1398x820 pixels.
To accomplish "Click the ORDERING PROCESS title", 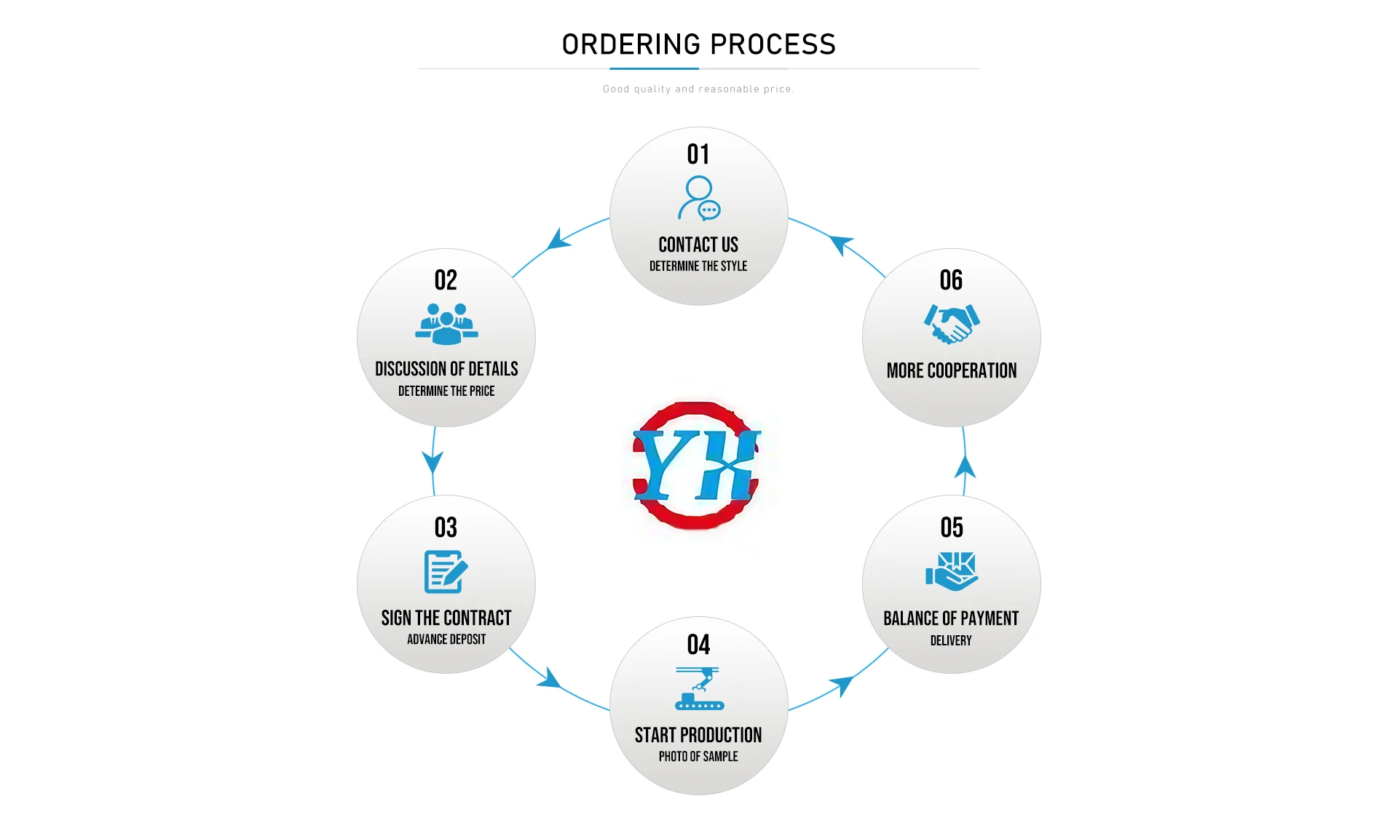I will click(698, 44).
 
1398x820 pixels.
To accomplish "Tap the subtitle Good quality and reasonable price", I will click(698, 89).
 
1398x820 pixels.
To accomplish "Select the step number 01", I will click(698, 154).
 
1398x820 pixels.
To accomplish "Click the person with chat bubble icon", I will click(699, 198).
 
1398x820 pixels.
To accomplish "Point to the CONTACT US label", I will click(698, 244).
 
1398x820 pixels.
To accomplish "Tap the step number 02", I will click(446, 280).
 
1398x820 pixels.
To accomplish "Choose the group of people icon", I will click(446, 324).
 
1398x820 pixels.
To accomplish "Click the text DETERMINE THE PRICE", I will click(446, 391).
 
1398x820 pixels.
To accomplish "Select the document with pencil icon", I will click(446, 572).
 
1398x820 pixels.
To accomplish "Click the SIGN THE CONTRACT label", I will click(446, 618).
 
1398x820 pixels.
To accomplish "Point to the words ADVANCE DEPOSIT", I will click(446, 640).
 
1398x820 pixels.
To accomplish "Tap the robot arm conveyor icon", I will click(699, 688).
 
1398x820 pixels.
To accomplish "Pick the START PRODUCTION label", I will click(698, 736).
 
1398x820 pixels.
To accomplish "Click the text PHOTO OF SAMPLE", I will click(698, 757).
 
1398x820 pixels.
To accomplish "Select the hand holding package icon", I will click(952, 571).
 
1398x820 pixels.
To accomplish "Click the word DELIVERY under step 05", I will click(951, 641).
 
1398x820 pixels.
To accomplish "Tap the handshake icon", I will click(952, 324).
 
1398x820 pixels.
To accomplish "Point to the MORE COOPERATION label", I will click(952, 371).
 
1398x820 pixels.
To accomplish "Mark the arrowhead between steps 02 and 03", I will click(433, 462).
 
